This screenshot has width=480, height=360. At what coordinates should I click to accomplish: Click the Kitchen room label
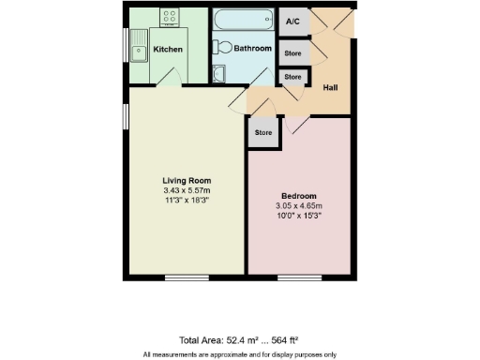[x=168, y=49]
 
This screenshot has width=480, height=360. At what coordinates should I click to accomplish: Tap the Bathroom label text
[x=253, y=49]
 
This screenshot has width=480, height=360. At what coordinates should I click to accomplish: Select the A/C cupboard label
[x=292, y=21]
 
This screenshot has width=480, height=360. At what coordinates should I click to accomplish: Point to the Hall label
[x=331, y=88]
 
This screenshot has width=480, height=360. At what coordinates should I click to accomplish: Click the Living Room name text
[x=187, y=181]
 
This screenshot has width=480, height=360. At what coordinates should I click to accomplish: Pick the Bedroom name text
[x=298, y=196]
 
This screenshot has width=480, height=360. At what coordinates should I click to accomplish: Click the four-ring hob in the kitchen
[x=171, y=17]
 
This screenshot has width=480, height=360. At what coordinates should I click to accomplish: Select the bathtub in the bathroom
[x=243, y=21]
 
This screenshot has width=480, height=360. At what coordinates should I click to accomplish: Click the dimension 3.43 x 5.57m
[x=187, y=191]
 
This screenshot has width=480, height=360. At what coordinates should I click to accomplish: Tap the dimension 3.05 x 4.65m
[x=298, y=206]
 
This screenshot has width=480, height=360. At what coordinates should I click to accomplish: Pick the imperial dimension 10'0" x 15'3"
[x=298, y=217]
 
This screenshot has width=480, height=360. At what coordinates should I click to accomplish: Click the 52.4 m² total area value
[x=222, y=339]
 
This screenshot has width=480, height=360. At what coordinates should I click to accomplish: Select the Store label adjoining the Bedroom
[x=263, y=133]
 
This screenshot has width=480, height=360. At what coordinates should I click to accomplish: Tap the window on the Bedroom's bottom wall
[x=298, y=277]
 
